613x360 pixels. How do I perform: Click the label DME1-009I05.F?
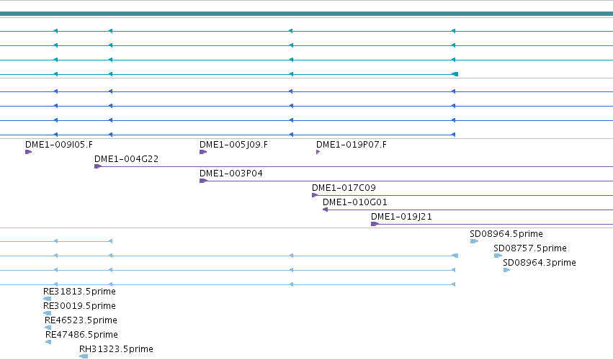coord(59,145)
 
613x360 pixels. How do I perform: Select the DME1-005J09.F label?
coord(234,145)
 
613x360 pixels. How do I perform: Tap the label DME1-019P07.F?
coord(352,145)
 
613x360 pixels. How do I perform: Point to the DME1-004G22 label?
coord(126,159)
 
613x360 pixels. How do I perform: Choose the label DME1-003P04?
coord(231,174)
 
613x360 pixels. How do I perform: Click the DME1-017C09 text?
coord(344,188)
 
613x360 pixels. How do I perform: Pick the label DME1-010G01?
coord(355,202)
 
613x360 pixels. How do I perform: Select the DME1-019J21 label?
coord(401,217)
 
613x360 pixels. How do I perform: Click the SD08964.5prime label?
coord(506,234)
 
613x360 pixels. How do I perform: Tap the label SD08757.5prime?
coord(530,248)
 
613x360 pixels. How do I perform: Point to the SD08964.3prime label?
coord(540,263)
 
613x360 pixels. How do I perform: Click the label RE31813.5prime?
coord(79,292)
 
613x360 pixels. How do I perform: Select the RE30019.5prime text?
coord(79,306)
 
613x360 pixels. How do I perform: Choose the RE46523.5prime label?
coord(81,320)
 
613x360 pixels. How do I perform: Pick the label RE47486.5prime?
coord(81,335)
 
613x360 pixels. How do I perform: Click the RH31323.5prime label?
coord(116,349)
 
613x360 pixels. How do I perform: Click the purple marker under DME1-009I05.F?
coord(29,152)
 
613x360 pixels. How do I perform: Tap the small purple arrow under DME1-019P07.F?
coord(318,152)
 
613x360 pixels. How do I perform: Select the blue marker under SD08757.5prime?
coord(498,256)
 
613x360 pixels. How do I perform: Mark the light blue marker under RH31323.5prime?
coord(84,356)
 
